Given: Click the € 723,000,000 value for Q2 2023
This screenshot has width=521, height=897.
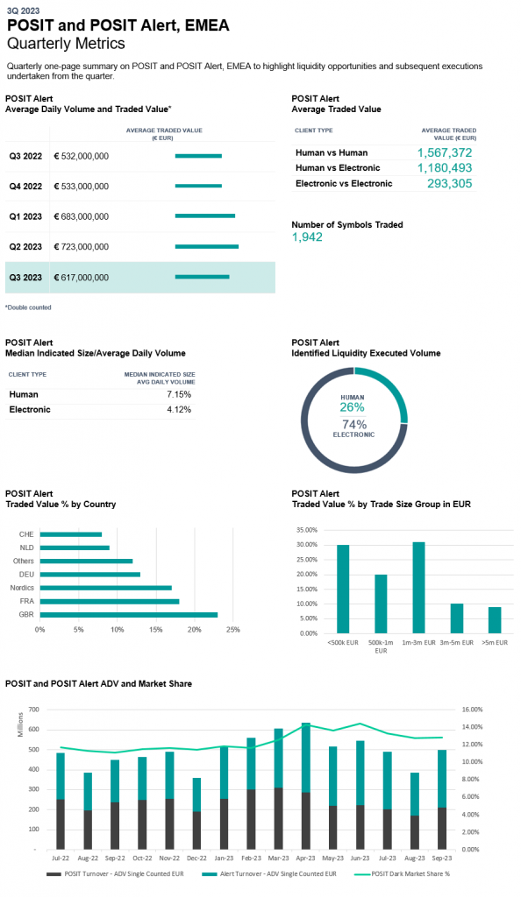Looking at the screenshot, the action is [x=82, y=247].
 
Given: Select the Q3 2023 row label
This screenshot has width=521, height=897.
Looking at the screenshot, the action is [x=25, y=278].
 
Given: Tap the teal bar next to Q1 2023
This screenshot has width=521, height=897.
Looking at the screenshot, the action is [x=205, y=216].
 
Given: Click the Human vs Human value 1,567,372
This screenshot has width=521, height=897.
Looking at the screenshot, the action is [x=445, y=152].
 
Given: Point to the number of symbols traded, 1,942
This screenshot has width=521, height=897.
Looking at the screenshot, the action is [x=308, y=237].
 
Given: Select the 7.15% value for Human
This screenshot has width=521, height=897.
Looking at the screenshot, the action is [x=179, y=395].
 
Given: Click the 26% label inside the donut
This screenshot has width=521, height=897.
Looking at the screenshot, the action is [x=352, y=407].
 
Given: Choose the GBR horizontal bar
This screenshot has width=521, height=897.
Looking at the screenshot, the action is [x=129, y=615].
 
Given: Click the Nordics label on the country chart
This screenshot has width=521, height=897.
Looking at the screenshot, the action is [x=22, y=588].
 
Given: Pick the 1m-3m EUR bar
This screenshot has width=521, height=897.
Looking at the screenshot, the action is [x=418, y=588].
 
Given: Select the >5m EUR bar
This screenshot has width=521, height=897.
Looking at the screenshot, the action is [x=495, y=620].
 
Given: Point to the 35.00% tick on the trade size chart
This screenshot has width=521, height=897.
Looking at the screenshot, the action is [x=308, y=530].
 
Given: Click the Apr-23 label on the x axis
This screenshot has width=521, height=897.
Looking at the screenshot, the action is [x=306, y=858].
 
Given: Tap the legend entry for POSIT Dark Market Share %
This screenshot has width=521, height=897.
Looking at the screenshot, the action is [x=402, y=873].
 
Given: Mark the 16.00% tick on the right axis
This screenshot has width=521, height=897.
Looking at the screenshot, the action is [x=473, y=710].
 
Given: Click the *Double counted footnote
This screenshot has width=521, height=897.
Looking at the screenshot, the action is [x=28, y=307].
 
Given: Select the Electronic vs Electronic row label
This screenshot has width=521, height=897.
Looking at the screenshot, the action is [x=344, y=184].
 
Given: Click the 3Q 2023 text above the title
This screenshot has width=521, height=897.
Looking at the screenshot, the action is [x=24, y=11].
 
